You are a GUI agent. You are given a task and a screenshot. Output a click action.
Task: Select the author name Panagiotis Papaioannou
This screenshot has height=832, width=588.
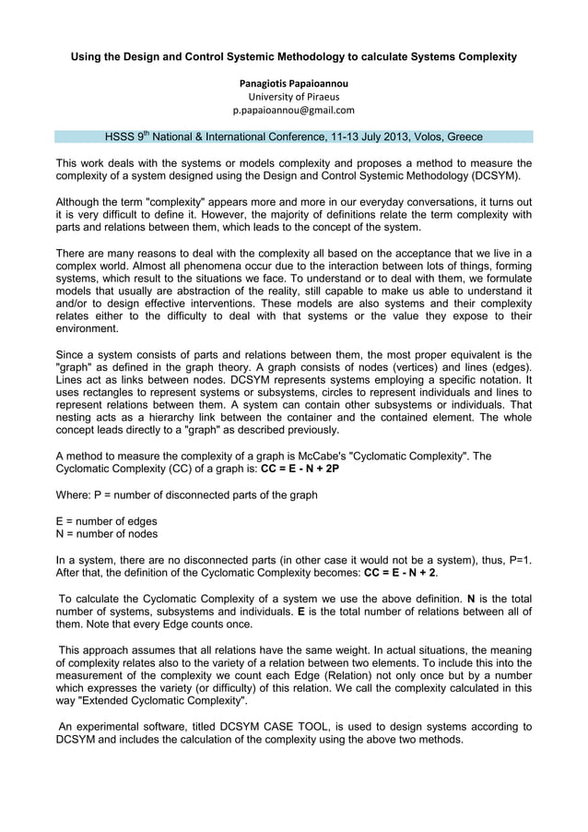pos(294,84)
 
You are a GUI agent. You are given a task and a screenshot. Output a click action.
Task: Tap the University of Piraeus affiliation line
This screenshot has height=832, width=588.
pos(294,97)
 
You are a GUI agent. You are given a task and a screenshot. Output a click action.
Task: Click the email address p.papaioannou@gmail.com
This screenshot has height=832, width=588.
pos(293,110)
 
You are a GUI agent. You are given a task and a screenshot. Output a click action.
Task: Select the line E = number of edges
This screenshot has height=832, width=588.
pos(107,520)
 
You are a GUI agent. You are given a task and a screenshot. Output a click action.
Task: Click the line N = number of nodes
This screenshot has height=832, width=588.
pos(107,533)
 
